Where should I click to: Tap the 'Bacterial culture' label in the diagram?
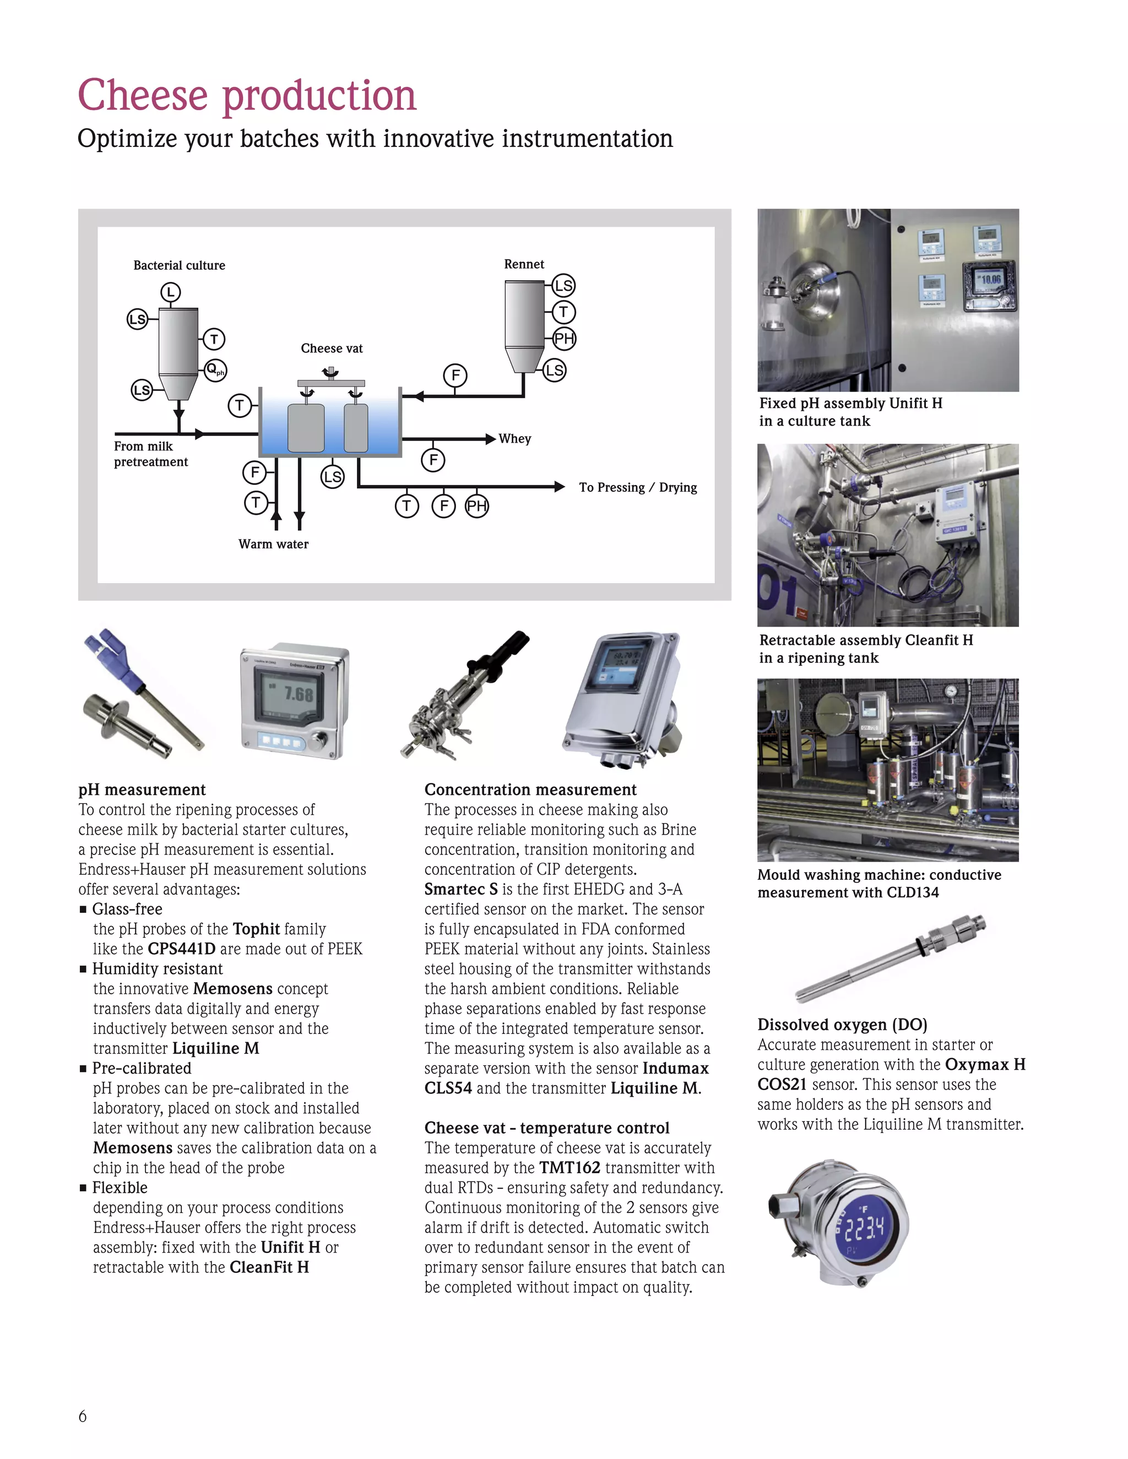pyautogui.click(x=179, y=265)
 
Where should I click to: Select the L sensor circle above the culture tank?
pyautogui.click(x=170, y=292)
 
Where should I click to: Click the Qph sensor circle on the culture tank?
pyautogui.click(x=215, y=369)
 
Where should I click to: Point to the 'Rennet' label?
pyautogui.click(x=524, y=264)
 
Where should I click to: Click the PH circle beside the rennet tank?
pyautogui.click(x=564, y=338)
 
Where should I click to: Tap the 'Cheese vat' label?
pyautogui.click(x=332, y=348)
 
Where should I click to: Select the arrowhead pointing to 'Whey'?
pyautogui.click(x=491, y=439)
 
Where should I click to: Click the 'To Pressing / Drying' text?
pyautogui.click(x=637, y=487)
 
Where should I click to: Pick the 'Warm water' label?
pyautogui.click(x=273, y=544)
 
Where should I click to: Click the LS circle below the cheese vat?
pyautogui.click(x=332, y=476)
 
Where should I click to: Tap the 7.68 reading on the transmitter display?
pyautogui.click(x=298, y=694)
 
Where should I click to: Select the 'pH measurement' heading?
pyautogui.click(x=142, y=790)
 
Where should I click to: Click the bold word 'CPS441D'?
pyautogui.click(x=182, y=949)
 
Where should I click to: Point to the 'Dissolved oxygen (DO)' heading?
pyautogui.click(x=842, y=1025)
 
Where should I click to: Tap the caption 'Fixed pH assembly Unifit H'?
pyautogui.click(x=850, y=403)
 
